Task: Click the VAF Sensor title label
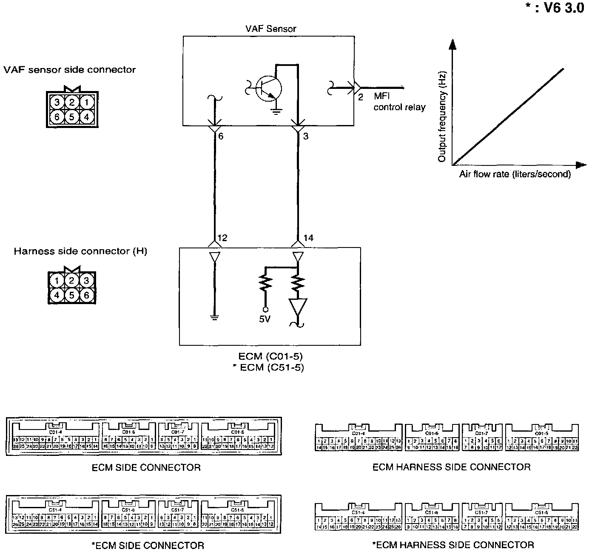pyautogui.click(x=270, y=29)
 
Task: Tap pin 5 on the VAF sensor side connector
pyautogui.click(x=72, y=116)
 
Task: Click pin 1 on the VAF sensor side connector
pyautogui.click(x=86, y=102)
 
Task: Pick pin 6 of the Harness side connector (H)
pyautogui.click(x=86, y=295)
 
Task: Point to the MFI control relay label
pyautogui.click(x=399, y=102)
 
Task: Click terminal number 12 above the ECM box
pyautogui.click(x=222, y=238)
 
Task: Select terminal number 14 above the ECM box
pyautogui.click(x=308, y=238)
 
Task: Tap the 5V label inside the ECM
pyautogui.click(x=265, y=319)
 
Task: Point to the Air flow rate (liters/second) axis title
pyautogui.click(x=515, y=174)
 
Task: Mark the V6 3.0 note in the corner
pyautogui.click(x=555, y=9)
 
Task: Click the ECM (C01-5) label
pyautogui.click(x=271, y=356)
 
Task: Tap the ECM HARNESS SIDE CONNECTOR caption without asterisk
pyautogui.click(x=451, y=467)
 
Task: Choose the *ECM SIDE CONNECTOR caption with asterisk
pyautogui.click(x=148, y=545)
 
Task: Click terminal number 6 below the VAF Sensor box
pyautogui.click(x=220, y=137)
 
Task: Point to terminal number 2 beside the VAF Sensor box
pyautogui.click(x=360, y=97)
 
